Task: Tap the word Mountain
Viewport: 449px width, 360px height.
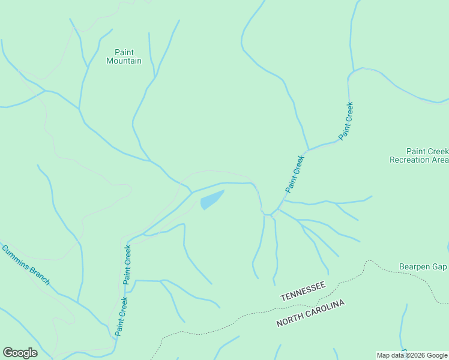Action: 124,61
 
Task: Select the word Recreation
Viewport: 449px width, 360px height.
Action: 411,160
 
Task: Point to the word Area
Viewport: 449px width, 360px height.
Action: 441,160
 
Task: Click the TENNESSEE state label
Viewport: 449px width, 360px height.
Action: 303,291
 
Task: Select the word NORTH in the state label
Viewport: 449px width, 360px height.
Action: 291,319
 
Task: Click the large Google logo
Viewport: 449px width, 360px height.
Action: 20,353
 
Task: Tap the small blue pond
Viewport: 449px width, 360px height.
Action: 211,200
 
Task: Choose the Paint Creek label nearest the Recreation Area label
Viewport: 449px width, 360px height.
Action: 346,121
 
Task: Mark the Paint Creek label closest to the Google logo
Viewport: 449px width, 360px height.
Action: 121,317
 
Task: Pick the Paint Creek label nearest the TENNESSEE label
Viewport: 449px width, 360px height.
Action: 295,174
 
